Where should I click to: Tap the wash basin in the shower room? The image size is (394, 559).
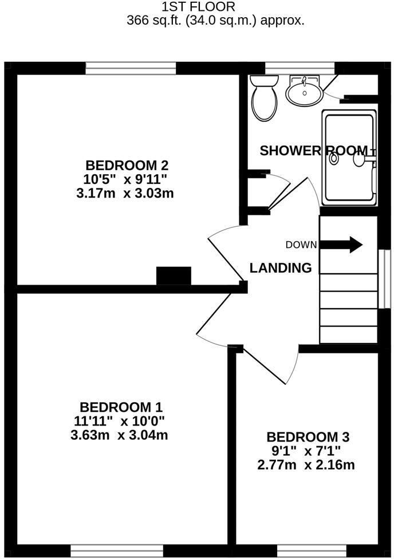pyautogui.click(x=304, y=92)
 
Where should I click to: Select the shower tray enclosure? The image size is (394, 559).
pyautogui.click(x=349, y=158)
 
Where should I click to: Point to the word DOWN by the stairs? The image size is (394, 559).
pyautogui.click(x=301, y=245)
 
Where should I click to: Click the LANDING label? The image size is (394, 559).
pyautogui.click(x=281, y=267)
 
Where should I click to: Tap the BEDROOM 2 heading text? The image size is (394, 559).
pyautogui.click(x=127, y=166)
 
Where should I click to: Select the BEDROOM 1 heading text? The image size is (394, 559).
pyautogui.click(x=121, y=407)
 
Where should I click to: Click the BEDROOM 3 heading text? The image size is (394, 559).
pyautogui.click(x=308, y=436)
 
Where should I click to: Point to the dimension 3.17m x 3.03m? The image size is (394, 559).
pyautogui.click(x=124, y=193)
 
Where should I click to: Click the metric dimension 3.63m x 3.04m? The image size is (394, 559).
pyautogui.click(x=119, y=435)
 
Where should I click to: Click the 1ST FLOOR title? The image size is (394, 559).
pyautogui.click(x=198, y=7)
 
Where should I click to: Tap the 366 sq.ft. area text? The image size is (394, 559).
pyautogui.click(x=215, y=21)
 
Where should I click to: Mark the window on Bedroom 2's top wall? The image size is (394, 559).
pyautogui.click(x=131, y=68)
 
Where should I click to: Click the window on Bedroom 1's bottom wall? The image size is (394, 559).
pyautogui.click(x=117, y=550)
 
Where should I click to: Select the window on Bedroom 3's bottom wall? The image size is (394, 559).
pyautogui.click(x=304, y=550)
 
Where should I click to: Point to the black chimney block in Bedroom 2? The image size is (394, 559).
pyautogui.click(x=174, y=275)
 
